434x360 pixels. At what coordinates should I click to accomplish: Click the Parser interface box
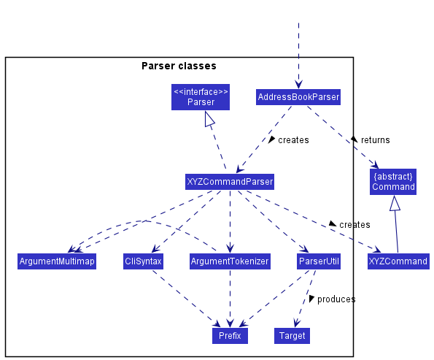(201, 97)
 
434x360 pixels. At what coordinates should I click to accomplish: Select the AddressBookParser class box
(298, 97)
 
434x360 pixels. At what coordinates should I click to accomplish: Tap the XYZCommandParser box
(230, 182)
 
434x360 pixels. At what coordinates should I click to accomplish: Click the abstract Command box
(393, 182)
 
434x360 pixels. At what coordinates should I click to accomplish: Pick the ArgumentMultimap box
(57, 261)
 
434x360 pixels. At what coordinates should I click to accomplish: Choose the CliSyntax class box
(143, 261)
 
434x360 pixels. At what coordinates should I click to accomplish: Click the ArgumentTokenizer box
(230, 261)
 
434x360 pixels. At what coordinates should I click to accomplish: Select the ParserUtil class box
(319, 261)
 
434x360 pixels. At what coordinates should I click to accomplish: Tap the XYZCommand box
(398, 261)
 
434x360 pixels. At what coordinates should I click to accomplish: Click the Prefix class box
(230, 336)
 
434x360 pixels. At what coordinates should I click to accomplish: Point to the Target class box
(292, 336)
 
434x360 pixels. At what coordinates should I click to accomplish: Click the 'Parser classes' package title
(179, 66)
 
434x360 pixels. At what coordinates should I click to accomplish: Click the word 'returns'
(376, 140)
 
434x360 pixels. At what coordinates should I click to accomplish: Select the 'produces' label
(336, 299)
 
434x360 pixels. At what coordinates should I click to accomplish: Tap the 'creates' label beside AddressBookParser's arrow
(293, 140)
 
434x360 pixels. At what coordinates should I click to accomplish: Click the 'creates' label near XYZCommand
(354, 224)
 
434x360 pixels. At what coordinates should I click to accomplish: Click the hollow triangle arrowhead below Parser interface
(209, 119)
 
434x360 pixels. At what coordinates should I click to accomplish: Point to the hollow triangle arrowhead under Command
(395, 203)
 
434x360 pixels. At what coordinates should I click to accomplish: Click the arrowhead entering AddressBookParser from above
(298, 84)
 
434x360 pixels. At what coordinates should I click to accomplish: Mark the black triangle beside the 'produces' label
(311, 299)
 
